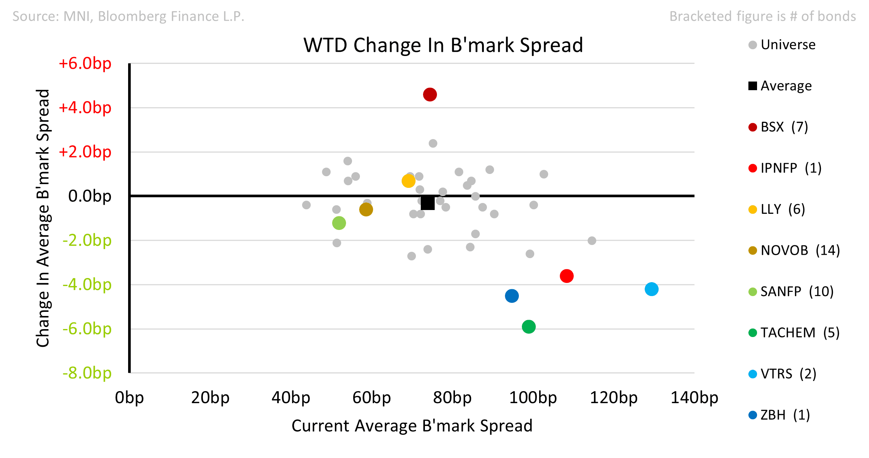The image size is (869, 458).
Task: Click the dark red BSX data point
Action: (430, 95)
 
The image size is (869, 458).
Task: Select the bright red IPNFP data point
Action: (567, 276)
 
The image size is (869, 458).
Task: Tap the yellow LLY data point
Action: (408, 181)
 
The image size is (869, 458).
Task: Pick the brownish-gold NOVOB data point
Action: (366, 210)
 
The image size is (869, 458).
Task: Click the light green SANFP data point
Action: (339, 223)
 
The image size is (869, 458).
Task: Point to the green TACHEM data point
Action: (529, 327)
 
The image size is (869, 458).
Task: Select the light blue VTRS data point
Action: (651, 289)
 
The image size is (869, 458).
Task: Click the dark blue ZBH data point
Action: (512, 296)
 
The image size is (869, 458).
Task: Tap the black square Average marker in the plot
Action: (428, 203)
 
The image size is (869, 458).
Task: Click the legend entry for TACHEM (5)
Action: (794, 333)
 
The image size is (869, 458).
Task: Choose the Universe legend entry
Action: (782, 45)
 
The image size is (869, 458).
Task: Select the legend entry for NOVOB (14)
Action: (794, 251)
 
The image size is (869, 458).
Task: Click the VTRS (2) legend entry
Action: (783, 374)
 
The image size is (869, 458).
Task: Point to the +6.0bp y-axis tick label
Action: (85, 63)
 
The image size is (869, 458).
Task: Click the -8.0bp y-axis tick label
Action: (87, 373)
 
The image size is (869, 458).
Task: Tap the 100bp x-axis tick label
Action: (533, 398)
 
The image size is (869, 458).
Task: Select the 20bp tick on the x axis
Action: (210, 398)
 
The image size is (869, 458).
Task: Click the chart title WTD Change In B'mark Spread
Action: (443, 45)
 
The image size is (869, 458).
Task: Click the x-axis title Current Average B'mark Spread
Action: (412, 426)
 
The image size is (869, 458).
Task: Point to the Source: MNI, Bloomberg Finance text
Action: (128, 17)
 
